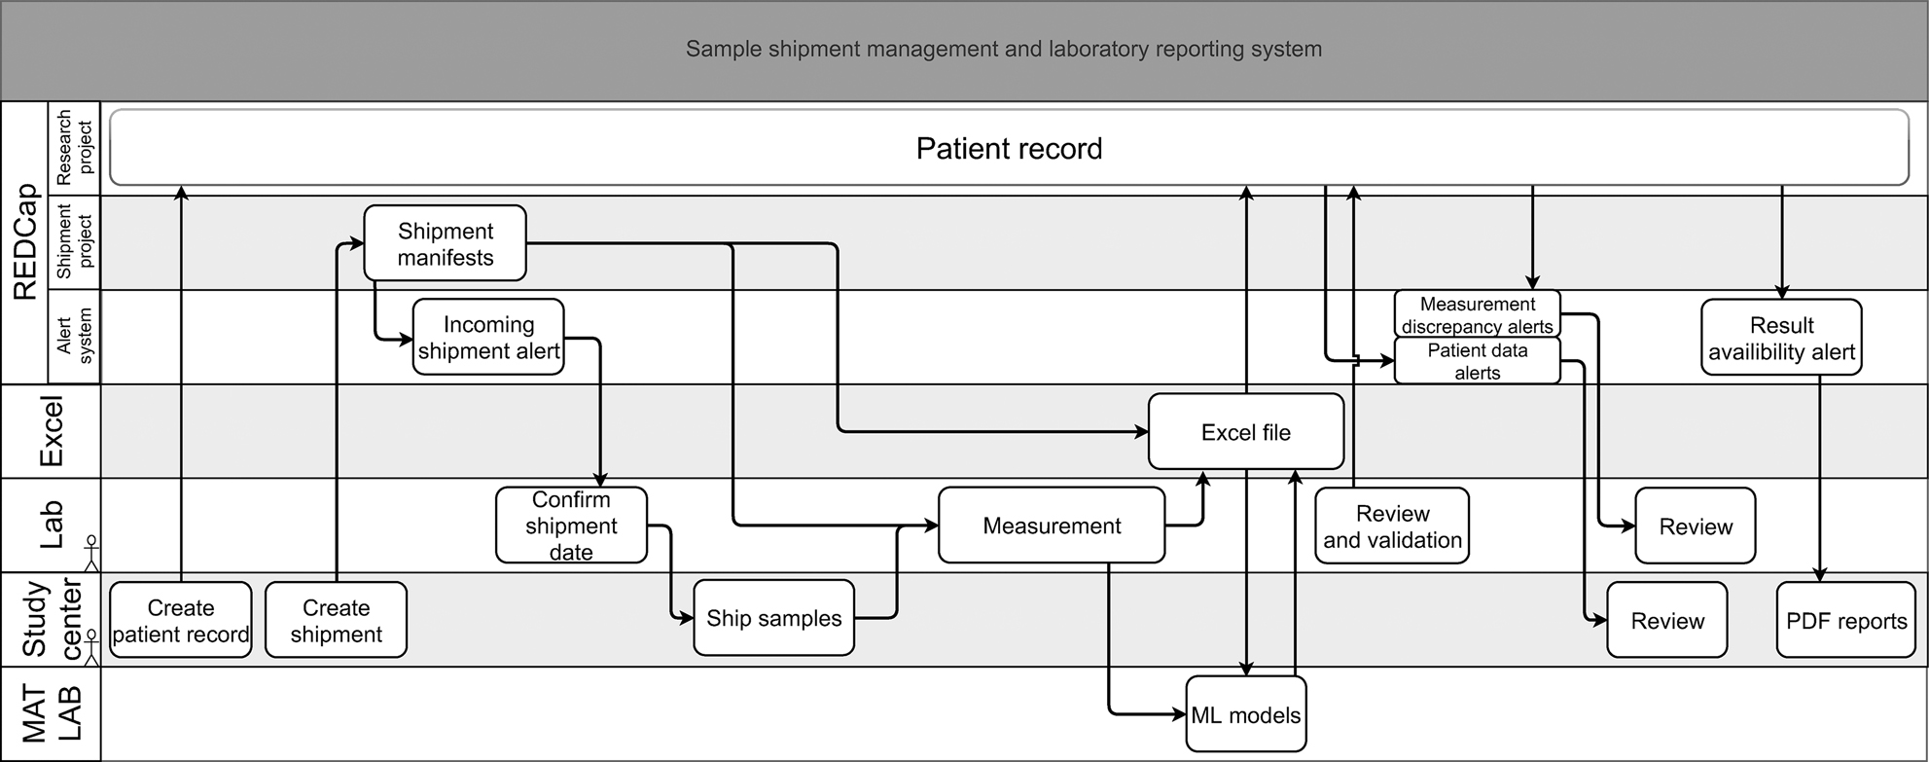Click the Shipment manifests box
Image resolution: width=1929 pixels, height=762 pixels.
[x=445, y=243]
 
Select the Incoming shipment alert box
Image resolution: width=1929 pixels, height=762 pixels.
[x=488, y=337]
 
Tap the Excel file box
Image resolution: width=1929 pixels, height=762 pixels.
[x=1245, y=432]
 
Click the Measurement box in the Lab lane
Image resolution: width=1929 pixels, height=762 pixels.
[x=1051, y=526]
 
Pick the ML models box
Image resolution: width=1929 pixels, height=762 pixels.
[x=1245, y=715]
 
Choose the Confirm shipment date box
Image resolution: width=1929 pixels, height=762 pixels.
[x=571, y=526]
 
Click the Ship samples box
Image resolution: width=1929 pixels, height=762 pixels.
[x=773, y=618]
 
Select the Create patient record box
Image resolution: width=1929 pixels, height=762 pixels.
[x=181, y=620]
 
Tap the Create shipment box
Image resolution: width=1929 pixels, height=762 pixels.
[x=336, y=620]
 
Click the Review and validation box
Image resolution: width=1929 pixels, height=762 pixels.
[x=1391, y=526]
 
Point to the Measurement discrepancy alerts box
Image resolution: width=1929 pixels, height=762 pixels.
[x=1477, y=314]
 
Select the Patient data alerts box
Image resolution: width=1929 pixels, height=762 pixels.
[x=1477, y=361]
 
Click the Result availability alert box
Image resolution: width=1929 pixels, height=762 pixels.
[x=1781, y=338]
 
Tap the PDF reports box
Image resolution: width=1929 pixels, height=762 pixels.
[x=1845, y=621]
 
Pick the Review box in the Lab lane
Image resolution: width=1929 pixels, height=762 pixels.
[x=1695, y=526]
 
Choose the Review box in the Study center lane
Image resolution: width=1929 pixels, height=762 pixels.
[x=1666, y=621]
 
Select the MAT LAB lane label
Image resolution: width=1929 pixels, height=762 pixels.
[x=51, y=713]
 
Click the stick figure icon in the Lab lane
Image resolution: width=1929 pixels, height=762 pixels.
[x=91, y=552]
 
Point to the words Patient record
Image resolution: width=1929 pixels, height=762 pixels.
[x=1009, y=148]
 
